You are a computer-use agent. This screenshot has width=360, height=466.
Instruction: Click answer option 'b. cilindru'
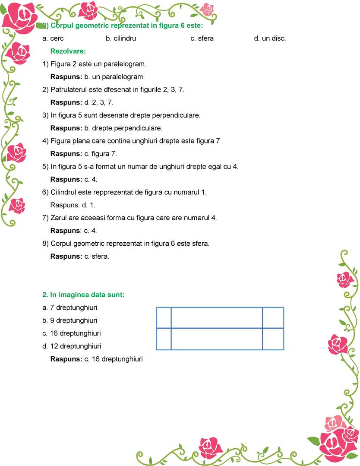(x=121, y=38)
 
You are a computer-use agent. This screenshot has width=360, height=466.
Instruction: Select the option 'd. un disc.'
(x=270, y=38)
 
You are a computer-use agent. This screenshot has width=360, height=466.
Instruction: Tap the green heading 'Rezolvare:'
(x=68, y=51)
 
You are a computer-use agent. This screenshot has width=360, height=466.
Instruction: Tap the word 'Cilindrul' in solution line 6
(x=64, y=192)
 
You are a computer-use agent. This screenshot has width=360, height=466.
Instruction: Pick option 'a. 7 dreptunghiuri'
(x=70, y=308)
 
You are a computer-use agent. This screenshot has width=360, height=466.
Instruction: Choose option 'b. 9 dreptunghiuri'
(x=70, y=320)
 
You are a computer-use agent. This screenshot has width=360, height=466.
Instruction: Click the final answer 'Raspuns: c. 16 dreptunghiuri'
(x=96, y=359)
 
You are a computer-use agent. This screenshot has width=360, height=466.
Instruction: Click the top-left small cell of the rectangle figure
(x=164, y=317)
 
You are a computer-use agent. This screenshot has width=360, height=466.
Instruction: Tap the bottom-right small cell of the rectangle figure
(x=273, y=339)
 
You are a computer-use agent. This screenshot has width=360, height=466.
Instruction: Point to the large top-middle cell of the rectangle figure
(x=217, y=317)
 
